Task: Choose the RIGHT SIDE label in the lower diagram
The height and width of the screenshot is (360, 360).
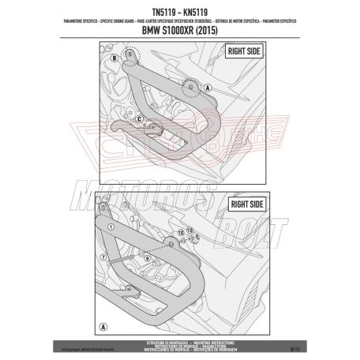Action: (242, 202)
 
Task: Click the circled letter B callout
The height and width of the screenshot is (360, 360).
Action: (114, 58)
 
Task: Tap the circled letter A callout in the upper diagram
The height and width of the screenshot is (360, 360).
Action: (208, 88)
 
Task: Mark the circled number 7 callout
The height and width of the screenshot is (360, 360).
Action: (103, 257)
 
